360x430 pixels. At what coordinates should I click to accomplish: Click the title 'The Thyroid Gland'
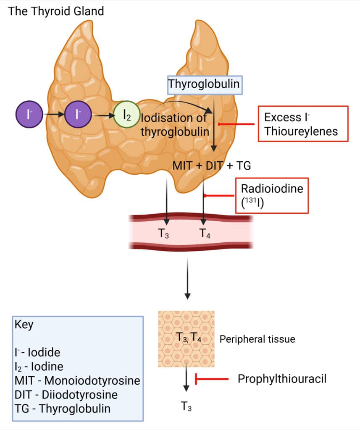[56, 11]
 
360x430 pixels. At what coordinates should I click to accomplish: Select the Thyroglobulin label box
[204, 84]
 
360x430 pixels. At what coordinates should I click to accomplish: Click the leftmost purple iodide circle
[28, 114]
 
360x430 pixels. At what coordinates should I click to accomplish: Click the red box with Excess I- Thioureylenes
[303, 124]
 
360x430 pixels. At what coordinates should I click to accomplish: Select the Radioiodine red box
[272, 195]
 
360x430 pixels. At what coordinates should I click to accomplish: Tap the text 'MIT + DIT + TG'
[212, 165]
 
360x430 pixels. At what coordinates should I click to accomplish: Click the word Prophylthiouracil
[282, 379]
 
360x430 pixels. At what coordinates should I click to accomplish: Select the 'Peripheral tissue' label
[257, 339]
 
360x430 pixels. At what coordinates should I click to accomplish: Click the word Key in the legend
[24, 325]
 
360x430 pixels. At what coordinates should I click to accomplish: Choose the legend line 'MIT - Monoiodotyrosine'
[77, 381]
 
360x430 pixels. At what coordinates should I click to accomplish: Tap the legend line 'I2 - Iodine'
[39, 367]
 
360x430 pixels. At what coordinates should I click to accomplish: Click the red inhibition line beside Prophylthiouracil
[212, 379]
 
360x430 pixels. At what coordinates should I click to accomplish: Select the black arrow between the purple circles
[53, 114]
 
